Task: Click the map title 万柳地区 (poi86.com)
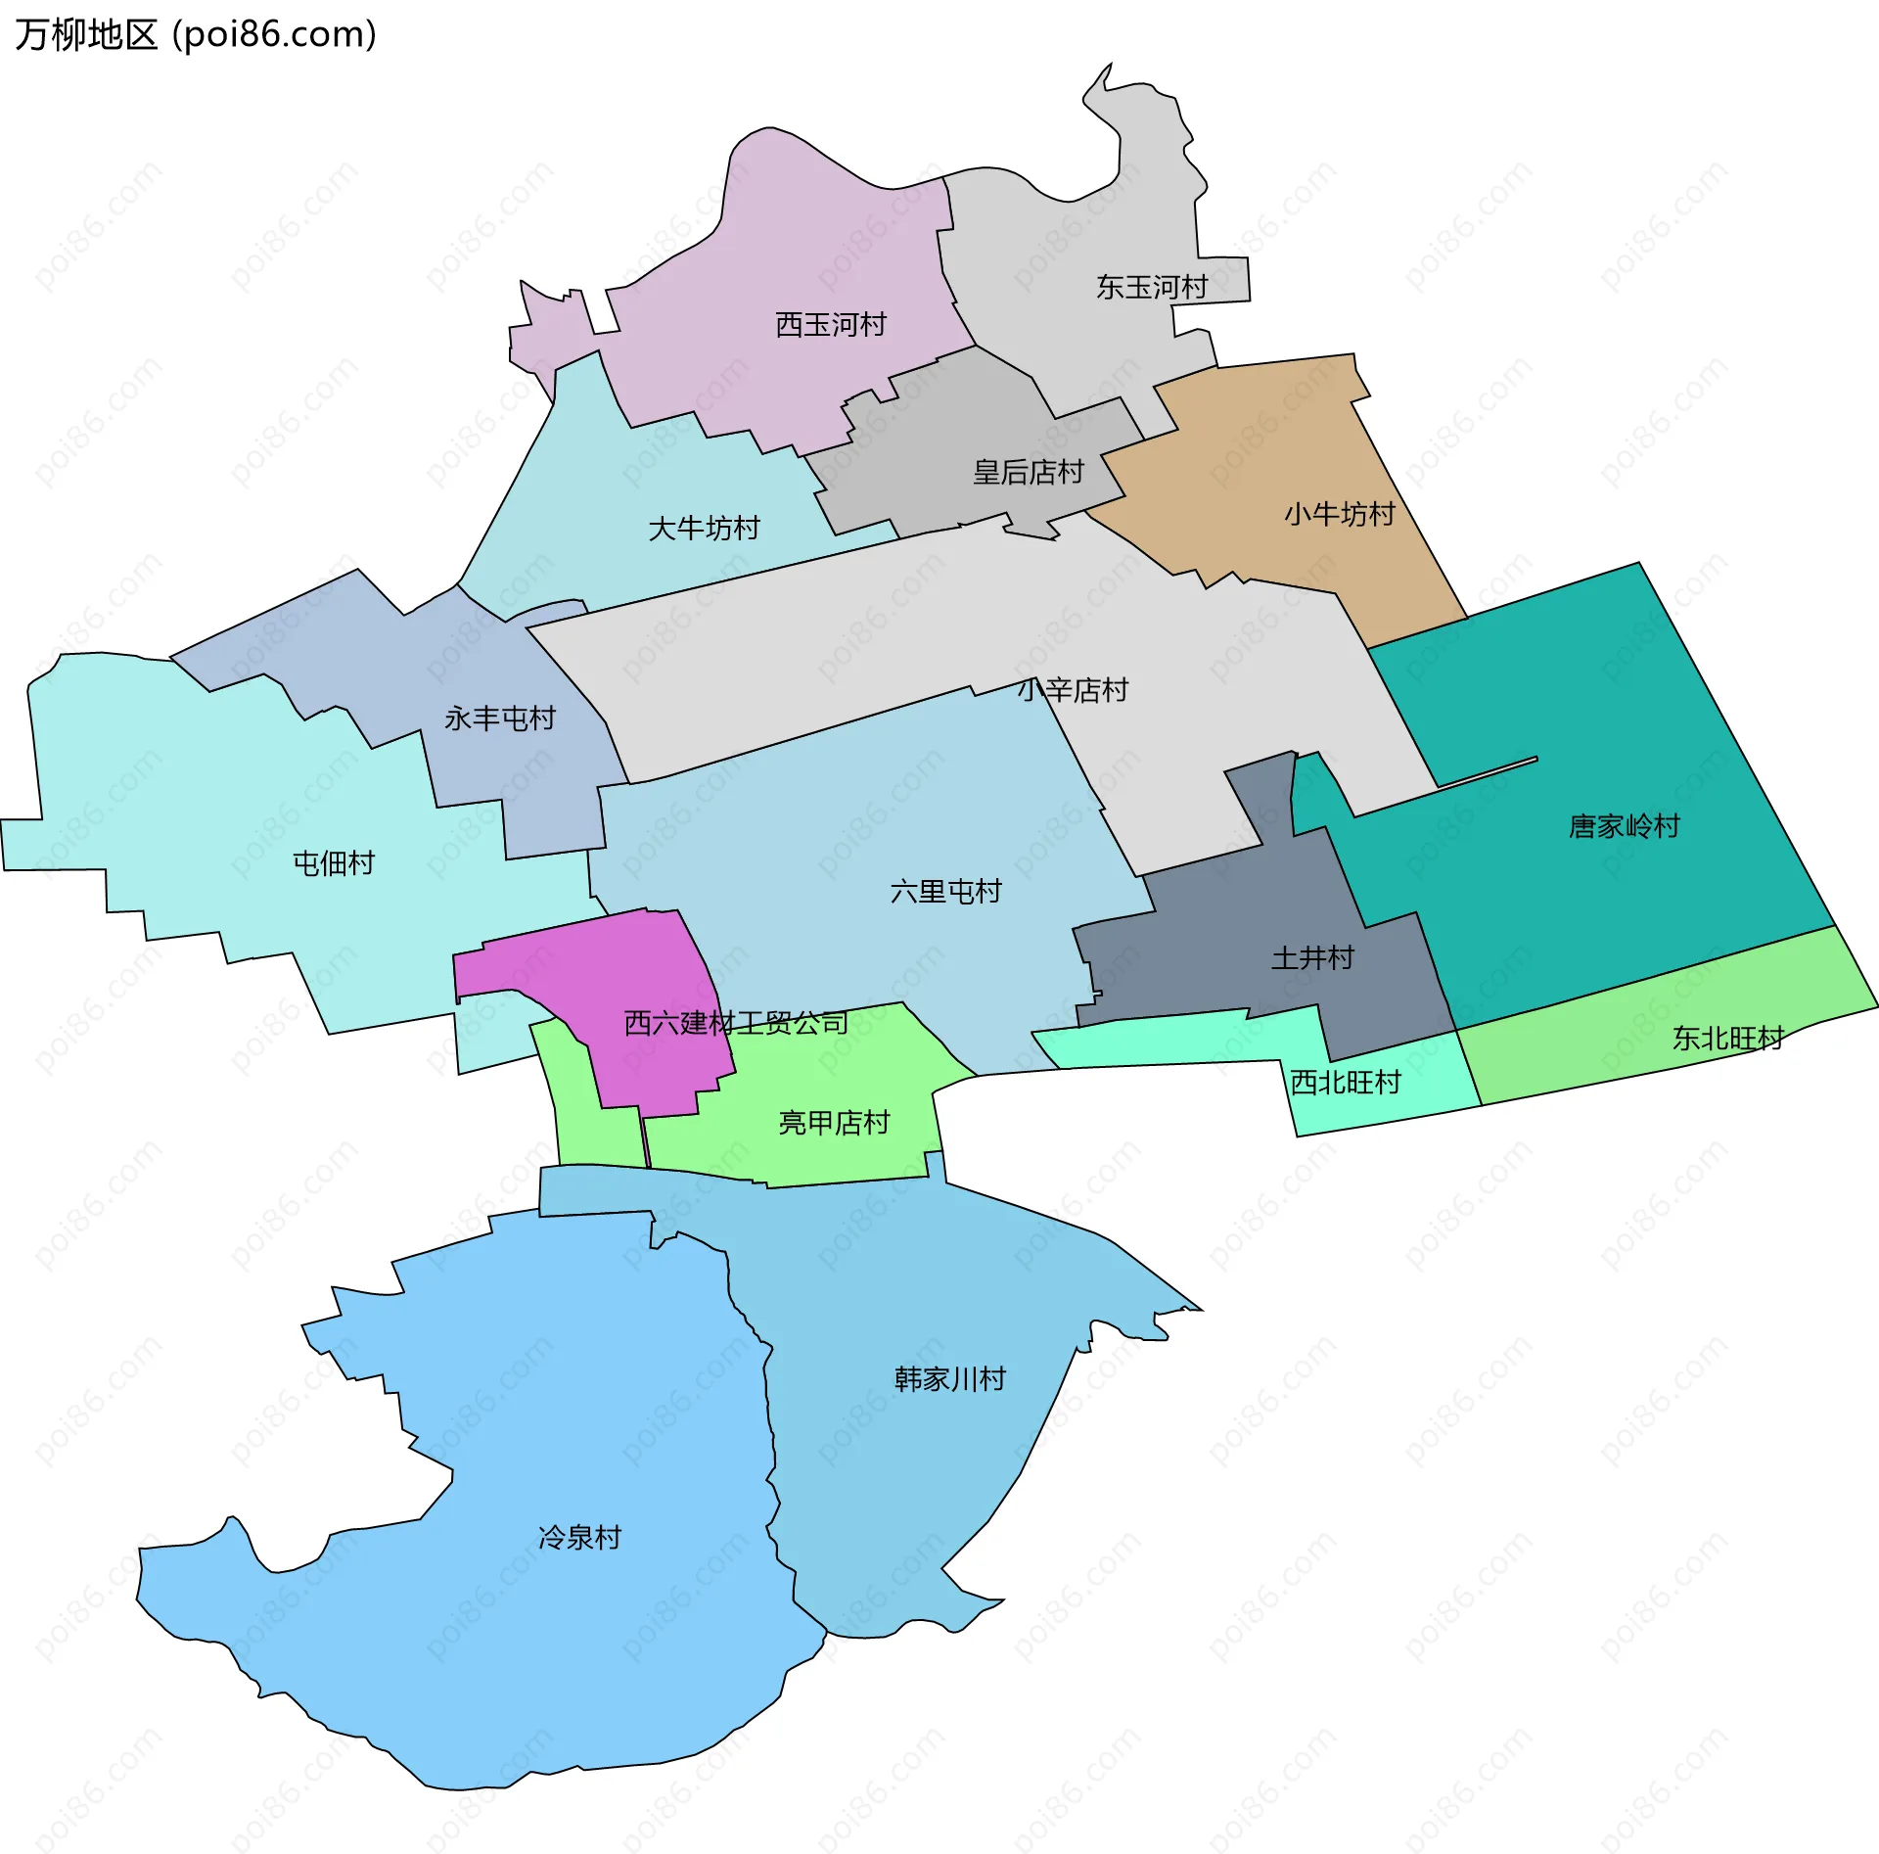point(196,35)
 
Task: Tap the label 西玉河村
point(831,324)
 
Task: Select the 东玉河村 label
point(1152,287)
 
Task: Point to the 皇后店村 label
point(1028,472)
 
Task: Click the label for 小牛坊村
point(1339,514)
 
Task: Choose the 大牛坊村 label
point(704,529)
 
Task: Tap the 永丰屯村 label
point(499,718)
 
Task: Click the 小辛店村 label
point(1073,690)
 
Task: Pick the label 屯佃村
point(334,862)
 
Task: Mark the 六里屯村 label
point(945,891)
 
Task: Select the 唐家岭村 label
point(1624,826)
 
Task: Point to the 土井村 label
point(1311,956)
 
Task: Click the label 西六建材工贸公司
point(736,1023)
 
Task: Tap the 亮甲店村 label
point(834,1122)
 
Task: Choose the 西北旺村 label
point(1346,1082)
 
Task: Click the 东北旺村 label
point(1727,1038)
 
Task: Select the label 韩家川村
point(949,1379)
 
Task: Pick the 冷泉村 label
point(579,1537)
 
